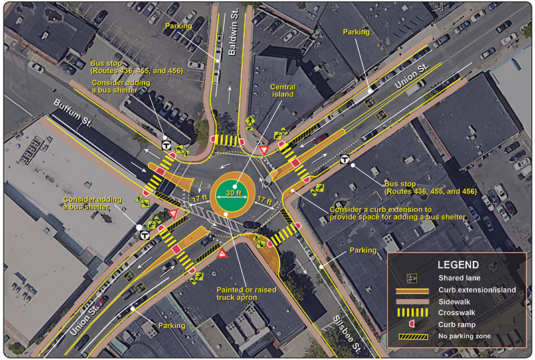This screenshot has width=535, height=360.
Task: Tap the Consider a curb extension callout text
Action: click(x=398, y=212)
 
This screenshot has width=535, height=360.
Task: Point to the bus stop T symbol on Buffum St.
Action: click(x=166, y=145)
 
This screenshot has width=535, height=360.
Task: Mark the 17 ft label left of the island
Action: click(x=198, y=199)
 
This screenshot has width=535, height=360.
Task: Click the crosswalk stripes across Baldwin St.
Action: click(x=229, y=141)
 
